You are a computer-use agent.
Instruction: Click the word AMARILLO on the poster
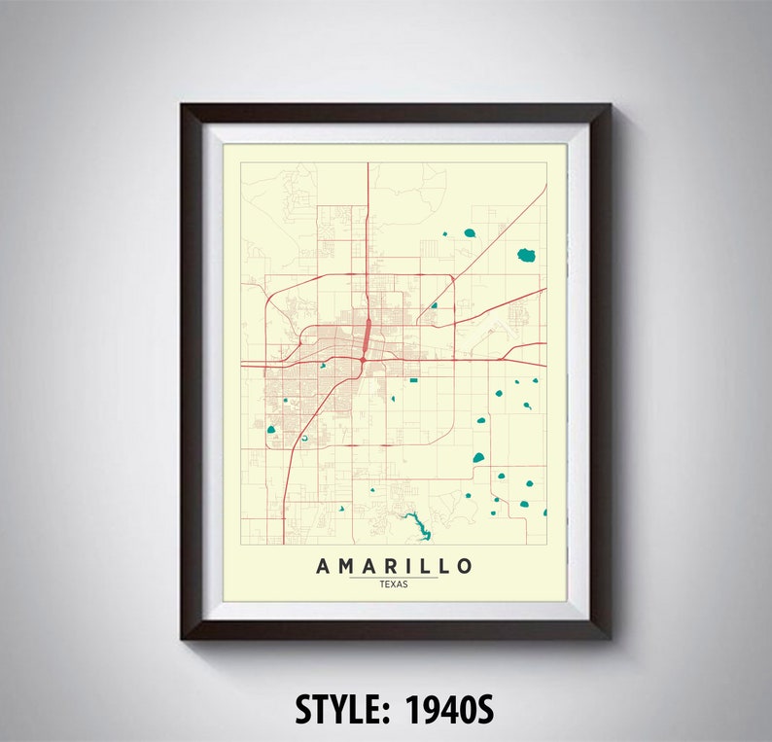tap(394, 566)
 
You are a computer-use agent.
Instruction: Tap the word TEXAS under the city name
tap(394, 583)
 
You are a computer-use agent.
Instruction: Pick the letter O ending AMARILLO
tap(465, 566)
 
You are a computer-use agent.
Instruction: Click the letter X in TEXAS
tap(394, 583)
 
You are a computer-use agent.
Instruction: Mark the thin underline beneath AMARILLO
tap(394, 577)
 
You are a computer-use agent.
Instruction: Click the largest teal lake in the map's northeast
tap(526, 256)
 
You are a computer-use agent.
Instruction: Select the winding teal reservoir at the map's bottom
tap(416, 525)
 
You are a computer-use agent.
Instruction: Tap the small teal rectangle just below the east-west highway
tap(412, 379)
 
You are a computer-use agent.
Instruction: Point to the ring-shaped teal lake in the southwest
tap(304, 438)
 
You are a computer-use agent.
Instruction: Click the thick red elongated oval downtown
tap(366, 336)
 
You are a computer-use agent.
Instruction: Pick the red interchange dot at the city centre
tap(361, 361)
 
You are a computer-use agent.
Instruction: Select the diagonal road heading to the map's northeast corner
tap(506, 224)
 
